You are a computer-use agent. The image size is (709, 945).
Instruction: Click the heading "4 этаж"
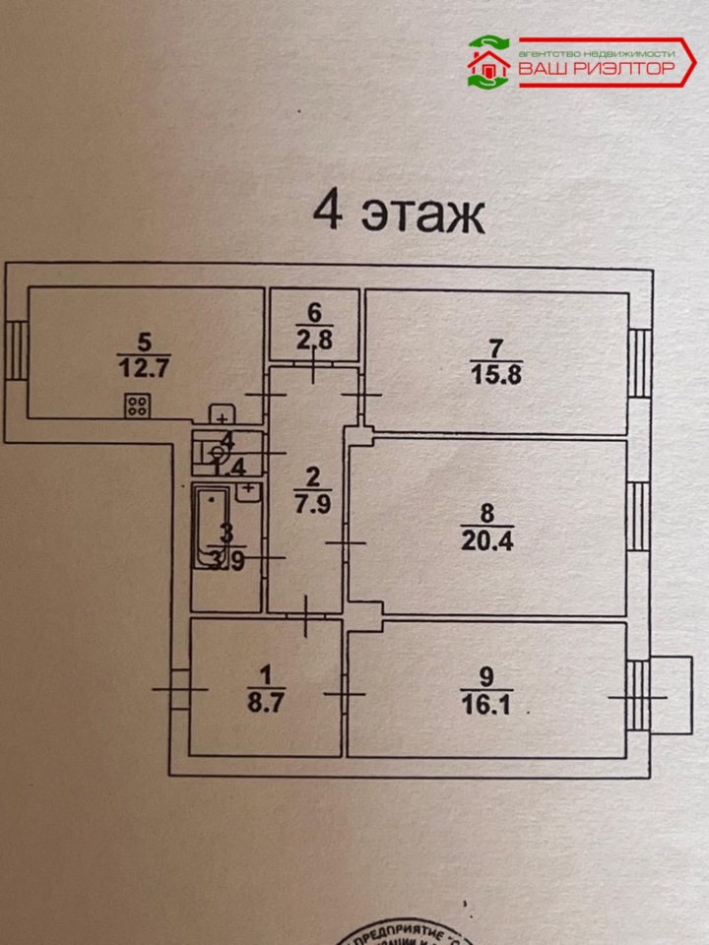tap(398, 214)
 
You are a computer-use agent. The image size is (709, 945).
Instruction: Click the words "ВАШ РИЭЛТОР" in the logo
tap(596, 69)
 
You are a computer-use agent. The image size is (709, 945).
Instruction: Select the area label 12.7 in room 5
tap(144, 370)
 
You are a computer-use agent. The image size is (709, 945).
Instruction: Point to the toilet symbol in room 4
tap(216, 453)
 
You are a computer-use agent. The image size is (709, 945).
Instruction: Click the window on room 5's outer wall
tap(17, 349)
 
